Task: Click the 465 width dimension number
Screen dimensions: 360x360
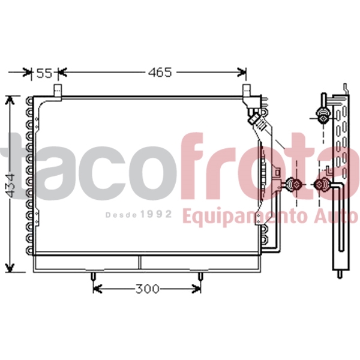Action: tap(160, 73)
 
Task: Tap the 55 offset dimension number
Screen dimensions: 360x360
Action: tap(44, 73)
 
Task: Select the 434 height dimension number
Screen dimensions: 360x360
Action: tap(11, 186)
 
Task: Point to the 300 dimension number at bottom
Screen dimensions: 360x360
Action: tap(147, 289)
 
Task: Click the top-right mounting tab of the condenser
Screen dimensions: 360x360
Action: tap(247, 91)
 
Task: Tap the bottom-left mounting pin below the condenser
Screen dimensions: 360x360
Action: tap(93, 277)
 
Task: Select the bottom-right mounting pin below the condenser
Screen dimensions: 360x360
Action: tap(200, 277)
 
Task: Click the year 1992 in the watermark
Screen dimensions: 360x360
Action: tap(156, 214)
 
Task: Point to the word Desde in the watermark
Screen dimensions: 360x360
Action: tap(121, 215)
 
